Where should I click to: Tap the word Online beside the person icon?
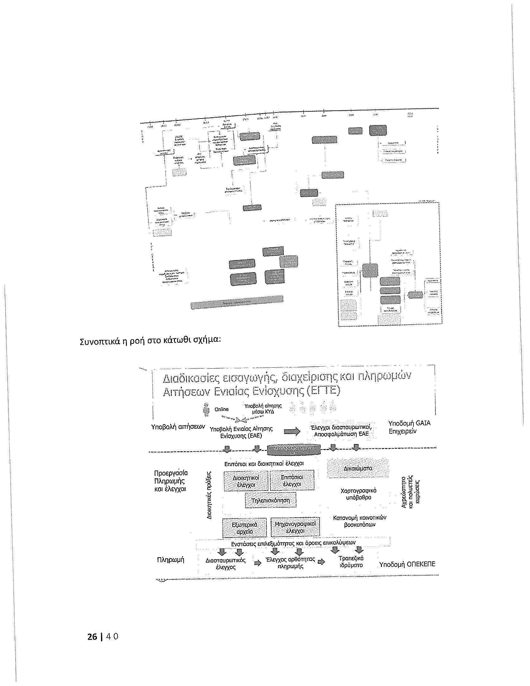tap(221, 409)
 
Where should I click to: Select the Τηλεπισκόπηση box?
tap(271, 500)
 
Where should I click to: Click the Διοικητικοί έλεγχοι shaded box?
tap(246, 481)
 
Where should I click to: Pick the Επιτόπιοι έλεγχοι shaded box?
tap(292, 481)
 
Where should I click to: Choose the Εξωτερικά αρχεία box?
tap(244, 528)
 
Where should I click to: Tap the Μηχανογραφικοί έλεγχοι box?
tap(295, 528)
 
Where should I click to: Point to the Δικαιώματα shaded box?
tap(358, 468)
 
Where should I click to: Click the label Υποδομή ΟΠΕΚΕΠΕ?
tap(407, 564)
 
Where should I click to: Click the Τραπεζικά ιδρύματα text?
tap(351, 562)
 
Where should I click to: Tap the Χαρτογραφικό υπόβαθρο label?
tap(358, 494)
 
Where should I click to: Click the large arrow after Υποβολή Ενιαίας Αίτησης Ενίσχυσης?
tap(292, 432)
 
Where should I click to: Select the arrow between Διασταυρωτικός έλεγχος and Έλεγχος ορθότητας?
tap(258, 563)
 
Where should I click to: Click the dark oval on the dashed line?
tap(294, 450)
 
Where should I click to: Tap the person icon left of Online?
tap(206, 409)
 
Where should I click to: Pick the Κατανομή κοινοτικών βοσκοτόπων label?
tap(359, 521)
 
